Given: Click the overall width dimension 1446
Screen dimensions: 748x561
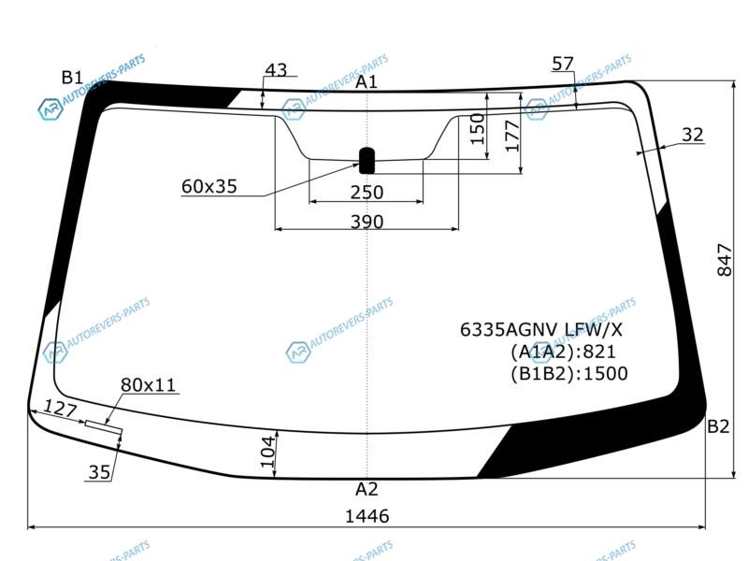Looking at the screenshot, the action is click(367, 516).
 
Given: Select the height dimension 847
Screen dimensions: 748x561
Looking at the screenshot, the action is click(724, 260).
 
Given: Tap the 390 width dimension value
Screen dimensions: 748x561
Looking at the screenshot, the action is click(367, 222).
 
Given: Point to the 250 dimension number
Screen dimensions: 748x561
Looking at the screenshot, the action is click(367, 193).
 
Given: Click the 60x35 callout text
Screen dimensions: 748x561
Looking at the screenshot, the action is click(209, 186).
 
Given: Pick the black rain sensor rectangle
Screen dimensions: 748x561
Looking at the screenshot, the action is click(367, 161).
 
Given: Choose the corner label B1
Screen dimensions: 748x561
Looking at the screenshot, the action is click(72, 78).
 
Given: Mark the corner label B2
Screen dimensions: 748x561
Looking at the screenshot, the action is click(718, 426).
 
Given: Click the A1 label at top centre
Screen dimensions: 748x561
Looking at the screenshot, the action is click(367, 82).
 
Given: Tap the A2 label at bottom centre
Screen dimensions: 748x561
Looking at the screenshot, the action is click(367, 489).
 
